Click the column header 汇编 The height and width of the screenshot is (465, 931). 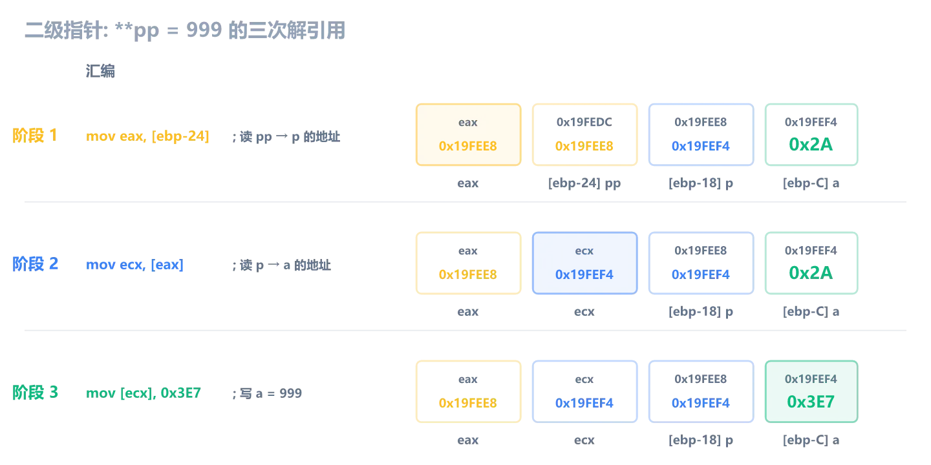(x=100, y=71)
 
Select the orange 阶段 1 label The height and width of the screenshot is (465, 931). (x=35, y=136)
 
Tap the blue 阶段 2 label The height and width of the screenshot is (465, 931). (x=35, y=264)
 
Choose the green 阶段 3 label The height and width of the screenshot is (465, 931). (x=35, y=393)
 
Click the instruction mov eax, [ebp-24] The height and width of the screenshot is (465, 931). (x=147, y=136)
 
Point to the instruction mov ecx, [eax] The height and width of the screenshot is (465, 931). (x=134, y=265)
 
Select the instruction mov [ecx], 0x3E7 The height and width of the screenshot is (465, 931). (x=144, y=393)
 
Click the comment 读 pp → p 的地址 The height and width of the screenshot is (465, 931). (x=290, y=137)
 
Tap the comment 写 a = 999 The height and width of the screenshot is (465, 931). (x=270, y=393)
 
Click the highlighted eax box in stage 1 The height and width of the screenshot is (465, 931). (x=468, y=134)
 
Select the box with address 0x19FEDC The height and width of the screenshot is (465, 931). (x=584, y=134)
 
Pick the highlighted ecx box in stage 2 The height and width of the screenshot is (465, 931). (x=584, y=263)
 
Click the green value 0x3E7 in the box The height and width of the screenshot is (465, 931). (x=811, y=402)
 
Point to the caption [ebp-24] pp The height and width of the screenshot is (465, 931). (x=584, y=183)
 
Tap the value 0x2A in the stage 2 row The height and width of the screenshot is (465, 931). (x=811, y=273)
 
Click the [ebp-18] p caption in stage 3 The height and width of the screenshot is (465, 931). (x=701, y=440)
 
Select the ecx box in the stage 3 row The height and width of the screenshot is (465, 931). (x=584, y=391)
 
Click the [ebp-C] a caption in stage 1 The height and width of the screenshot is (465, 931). (x=811, y=183)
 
